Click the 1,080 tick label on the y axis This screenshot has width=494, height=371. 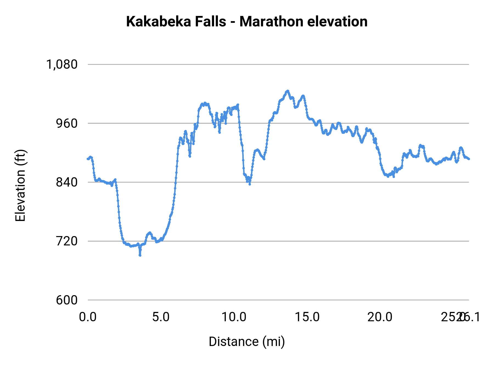[x=62, y=65]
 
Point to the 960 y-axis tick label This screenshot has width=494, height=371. [x=67, y=123]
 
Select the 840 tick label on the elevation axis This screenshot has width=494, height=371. [x=67, y=182]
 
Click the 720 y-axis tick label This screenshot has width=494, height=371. [x=67, y=241]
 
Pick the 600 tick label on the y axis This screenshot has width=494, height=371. [x=67, y=300]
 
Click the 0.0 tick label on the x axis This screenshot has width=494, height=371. [x=88, y=317]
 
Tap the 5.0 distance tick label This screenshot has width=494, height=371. [x=161, y=317]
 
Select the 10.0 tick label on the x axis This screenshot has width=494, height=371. [x=234, y=317]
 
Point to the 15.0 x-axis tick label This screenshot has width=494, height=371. [x=307, y=317]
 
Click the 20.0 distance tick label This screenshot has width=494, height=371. [x=380, y=317]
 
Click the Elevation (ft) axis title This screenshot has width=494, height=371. [x=20, y=185]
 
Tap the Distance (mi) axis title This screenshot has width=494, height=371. [x=247, y=342]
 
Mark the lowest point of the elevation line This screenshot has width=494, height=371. [x=140, y=255]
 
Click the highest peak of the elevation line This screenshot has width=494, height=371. [x=288, y=91]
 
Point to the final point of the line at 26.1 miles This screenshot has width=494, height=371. [x=469, y=159]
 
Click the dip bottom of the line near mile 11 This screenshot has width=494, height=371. [x=249, y=184]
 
